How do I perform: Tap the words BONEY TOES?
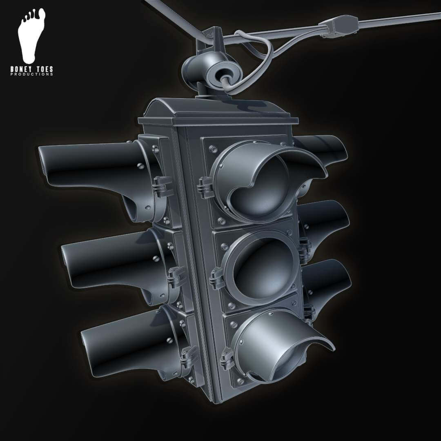pyautogui.click(x=32, y=70)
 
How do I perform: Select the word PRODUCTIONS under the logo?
pyautogui.click(x=32, y=75)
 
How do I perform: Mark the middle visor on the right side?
pyautogui.click(x=327, y=220)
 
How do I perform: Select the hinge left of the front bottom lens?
pyautogui.click(x=226, y=359)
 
